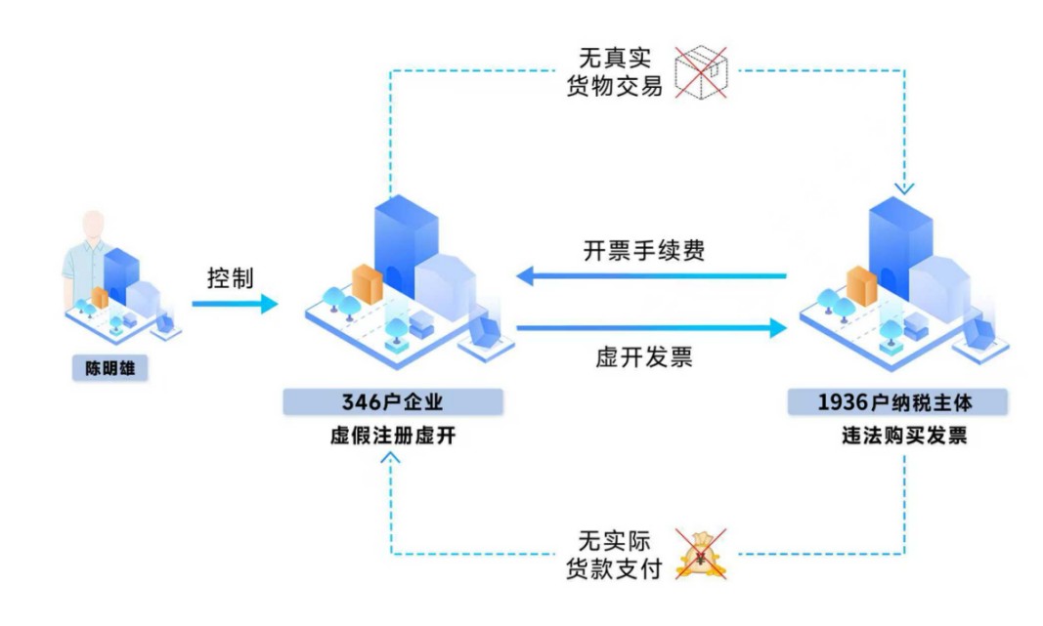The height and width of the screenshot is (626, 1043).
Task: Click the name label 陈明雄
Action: (x=109, y=368)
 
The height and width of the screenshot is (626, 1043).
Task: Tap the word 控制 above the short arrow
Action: (x=230, y=277)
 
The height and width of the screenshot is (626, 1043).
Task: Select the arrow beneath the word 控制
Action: (x=235, y=304)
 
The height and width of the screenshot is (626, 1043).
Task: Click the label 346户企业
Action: (x=392, y=402)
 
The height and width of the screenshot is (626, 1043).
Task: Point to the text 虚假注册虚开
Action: (x=392, y=436)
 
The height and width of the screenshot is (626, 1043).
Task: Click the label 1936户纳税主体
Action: (x=895, y=402)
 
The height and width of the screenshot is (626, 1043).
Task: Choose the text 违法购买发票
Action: (x=904, y=436)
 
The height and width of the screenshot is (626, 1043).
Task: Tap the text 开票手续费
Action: (x=644, y=251)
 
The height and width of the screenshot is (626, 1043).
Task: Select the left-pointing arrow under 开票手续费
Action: (x=651, y=275)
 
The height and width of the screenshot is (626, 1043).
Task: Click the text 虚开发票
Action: (x=644, y=357)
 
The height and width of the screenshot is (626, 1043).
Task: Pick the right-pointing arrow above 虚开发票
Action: (x=652, y=327)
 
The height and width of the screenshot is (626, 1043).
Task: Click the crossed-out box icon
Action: (x=701, y=72)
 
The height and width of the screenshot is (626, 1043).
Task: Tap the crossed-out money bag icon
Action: (x=701, y=555)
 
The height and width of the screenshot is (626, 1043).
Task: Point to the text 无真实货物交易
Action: (x=615, y=71)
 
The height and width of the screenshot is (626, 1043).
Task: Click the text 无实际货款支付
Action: (x=615, y=555)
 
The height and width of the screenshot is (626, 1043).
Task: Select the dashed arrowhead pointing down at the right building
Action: (x=904, y=188)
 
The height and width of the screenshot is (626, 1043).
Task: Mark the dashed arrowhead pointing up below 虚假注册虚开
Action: (x=390, y=458)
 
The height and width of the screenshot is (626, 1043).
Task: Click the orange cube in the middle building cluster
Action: (x=368, y=284)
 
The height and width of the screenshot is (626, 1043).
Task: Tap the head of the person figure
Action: (x=93, y=225)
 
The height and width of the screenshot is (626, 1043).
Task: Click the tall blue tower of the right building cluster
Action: (x=900, y=247)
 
